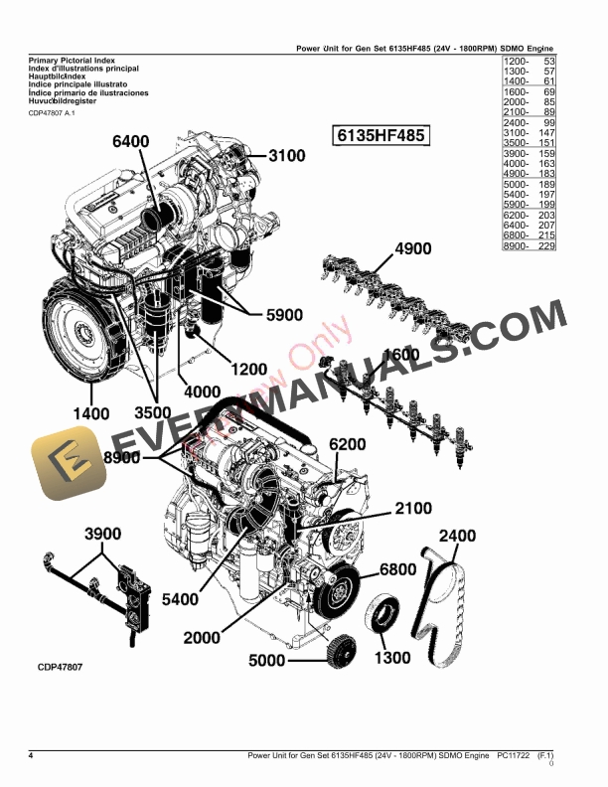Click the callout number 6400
[130, 142]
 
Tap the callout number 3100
[286, 156]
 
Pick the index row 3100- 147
[527, 132]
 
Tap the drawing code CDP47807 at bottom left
[54, 667]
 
